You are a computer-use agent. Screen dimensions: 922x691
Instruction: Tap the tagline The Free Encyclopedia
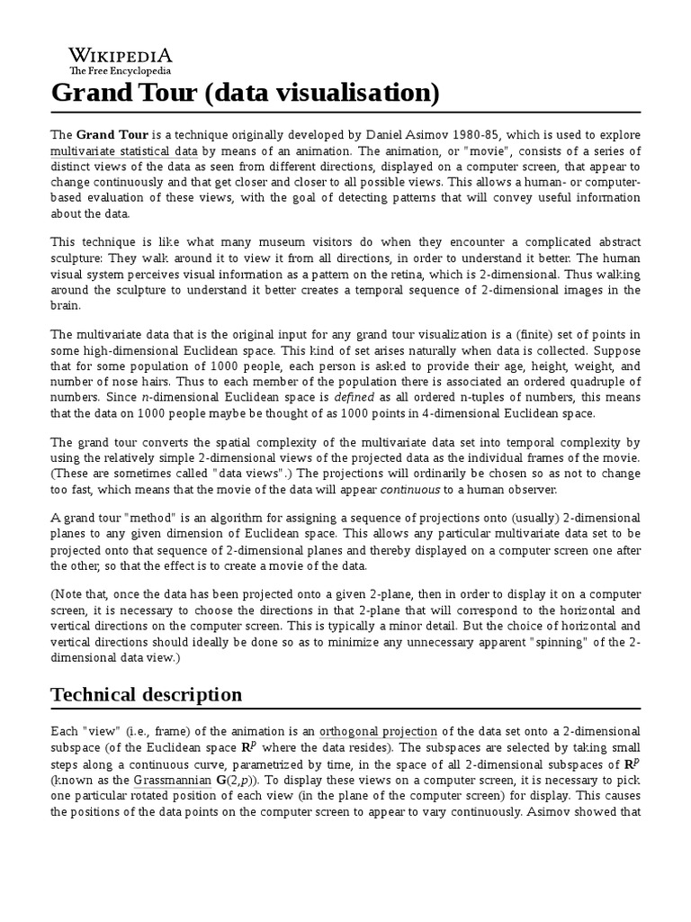pos(121,70)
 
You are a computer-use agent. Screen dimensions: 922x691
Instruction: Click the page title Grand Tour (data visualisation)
pos(245,93)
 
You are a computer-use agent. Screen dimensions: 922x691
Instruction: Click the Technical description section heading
pos(147,694)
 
